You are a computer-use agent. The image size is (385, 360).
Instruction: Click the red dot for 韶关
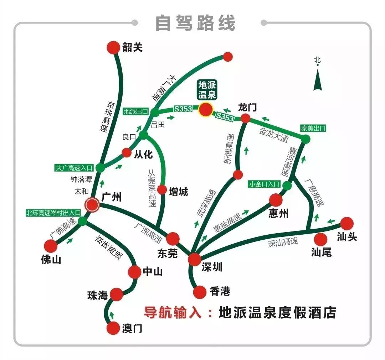pyautogui.click(x=114, y=47)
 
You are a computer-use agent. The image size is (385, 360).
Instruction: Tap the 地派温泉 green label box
pyautogui.click(x=207, y=90)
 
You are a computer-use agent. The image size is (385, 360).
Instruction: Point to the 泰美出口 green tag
pyautogui.click(x=314, y=128)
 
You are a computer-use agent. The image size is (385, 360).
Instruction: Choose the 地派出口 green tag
pyautogui.click(x=136, y=111)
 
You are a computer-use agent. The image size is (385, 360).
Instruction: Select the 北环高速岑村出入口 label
pyautogui.click(x=53, y=213)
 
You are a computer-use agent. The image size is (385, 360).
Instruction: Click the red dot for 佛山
pyautogui.click(x=51, y=246)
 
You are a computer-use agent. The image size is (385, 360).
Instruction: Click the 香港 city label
pyautogui.click(x=220, y=292)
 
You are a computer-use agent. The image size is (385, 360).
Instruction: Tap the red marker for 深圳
pyautogui.click(x=195, y=259)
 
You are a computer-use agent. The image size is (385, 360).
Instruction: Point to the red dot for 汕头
pyautogui.click(x=346, y=223)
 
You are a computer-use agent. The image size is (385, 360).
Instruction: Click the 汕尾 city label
pyautogui.click(x=321, y=252)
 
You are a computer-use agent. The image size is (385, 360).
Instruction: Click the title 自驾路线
pyautogui.click(x=195, y=23)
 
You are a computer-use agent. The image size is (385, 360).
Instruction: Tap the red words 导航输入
pyautogui.click(x=173, y=313)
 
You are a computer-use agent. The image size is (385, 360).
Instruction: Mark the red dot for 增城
pyautogui.click(x=162, y=189)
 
